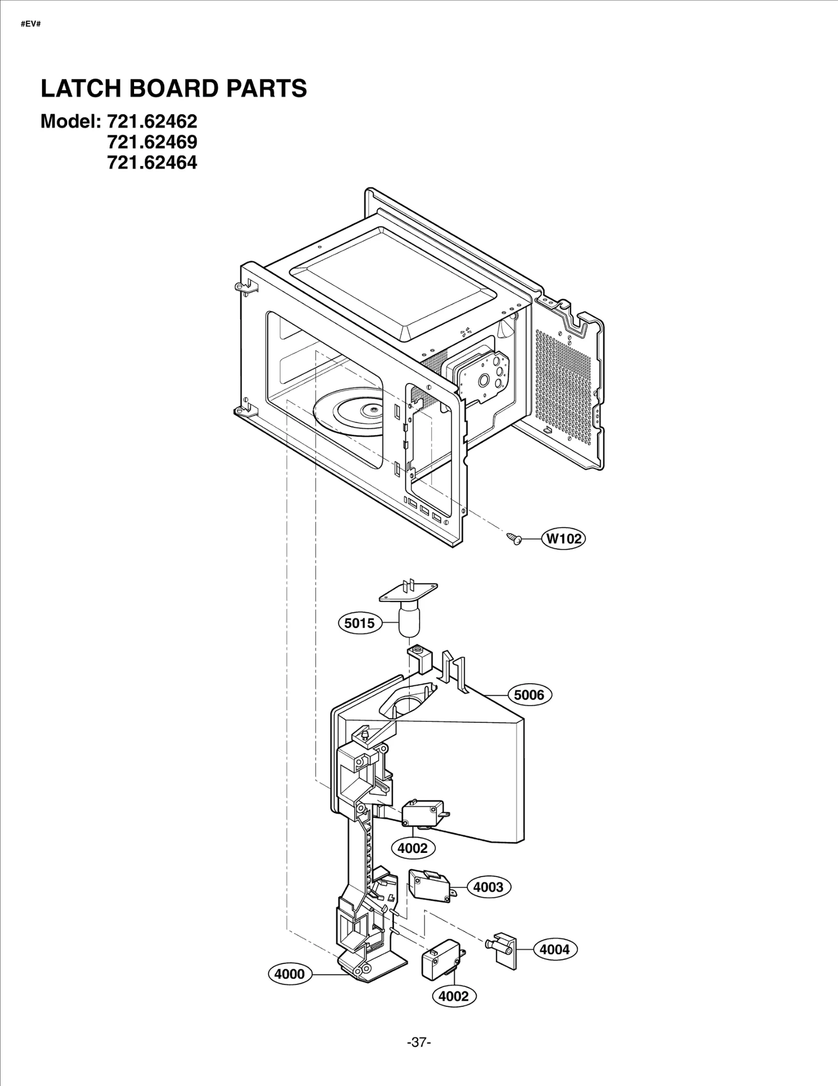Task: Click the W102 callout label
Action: point(564,539)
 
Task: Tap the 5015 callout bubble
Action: point(360,623)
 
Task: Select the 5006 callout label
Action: point(529,695)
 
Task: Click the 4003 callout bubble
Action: point(488,887)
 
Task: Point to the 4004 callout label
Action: point(555,949)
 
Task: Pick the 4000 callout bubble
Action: point(290,974)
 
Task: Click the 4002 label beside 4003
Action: point(413,848)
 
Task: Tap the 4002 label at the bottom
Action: point(454,996)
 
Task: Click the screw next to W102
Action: point(514,539)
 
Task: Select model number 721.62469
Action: point(152,142)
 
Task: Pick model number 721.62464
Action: point(152,163)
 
